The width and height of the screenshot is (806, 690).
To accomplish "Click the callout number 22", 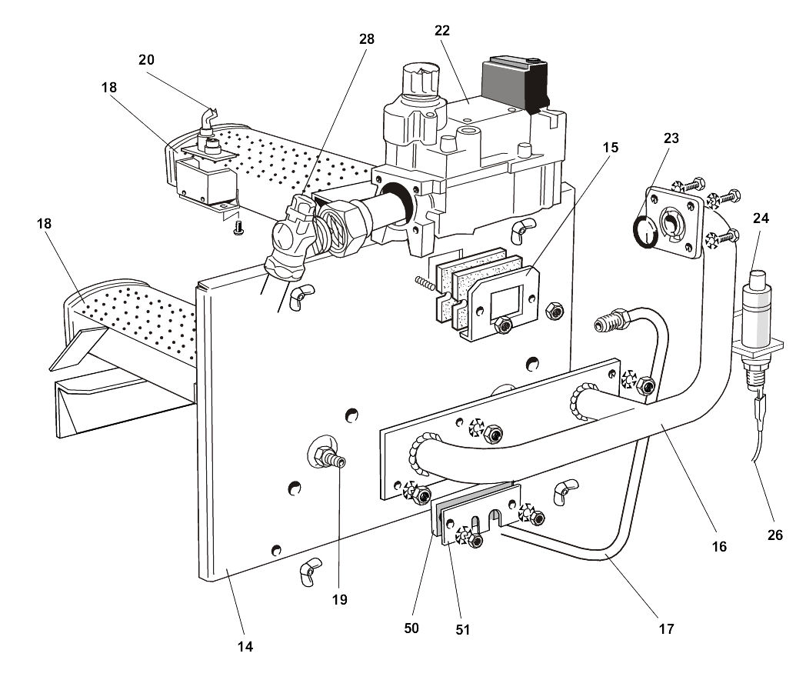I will [x=441, y=30].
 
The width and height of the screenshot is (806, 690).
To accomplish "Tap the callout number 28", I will [x=366, y=38].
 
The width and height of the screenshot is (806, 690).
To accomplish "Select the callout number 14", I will [x=245, y=647].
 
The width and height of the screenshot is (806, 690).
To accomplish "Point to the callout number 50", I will [x=411, y=628].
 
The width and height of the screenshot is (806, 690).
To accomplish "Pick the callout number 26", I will [x=774, y=535].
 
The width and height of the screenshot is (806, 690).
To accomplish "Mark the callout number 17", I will [x=666, y=628].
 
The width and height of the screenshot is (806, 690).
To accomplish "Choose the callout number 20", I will [x=147, y=58].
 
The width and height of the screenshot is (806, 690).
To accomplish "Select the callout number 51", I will [x=461, y=628].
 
